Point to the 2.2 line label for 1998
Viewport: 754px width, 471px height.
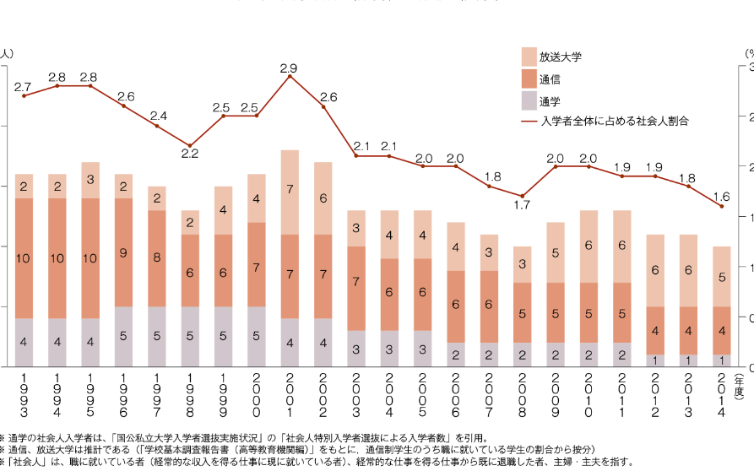(189, 154)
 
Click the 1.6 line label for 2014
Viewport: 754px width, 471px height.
(721, 197)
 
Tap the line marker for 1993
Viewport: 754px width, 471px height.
(24, 96)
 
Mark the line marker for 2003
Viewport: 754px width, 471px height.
(356, 156)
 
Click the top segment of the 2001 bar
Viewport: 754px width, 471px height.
(290, 192)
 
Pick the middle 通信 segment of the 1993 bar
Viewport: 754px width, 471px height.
(24, 258)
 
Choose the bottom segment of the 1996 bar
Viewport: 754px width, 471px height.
(123, 336)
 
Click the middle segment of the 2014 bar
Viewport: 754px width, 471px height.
(721, 330)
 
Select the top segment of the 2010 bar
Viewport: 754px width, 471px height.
(589, 246)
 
